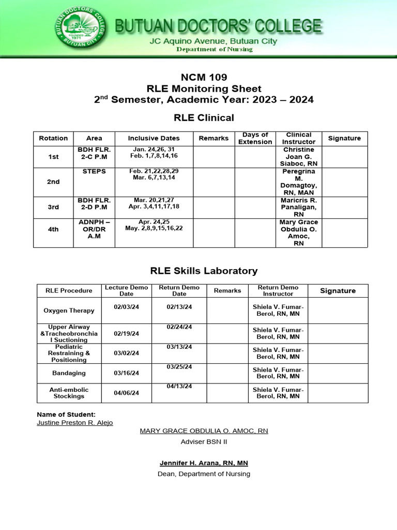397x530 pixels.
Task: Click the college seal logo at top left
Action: (79, 29)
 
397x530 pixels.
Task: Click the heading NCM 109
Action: (203, 78)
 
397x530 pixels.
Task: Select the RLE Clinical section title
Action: (203, 117)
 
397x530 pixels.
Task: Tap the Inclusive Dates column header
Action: (154, 138)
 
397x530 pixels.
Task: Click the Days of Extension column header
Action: (255, 138)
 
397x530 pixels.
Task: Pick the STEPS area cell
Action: (94, 171)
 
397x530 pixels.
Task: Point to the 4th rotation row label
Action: (53, 229)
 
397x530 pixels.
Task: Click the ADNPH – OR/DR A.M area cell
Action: (94, 229)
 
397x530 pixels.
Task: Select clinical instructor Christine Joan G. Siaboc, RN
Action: (298, 156)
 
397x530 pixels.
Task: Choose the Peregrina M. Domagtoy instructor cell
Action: (298, 182)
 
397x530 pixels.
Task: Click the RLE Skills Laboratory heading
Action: (203, 271)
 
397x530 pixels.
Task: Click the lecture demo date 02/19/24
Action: (127, 334)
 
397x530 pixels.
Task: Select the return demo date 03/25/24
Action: (179, 367)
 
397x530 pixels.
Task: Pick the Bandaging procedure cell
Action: (69, 373)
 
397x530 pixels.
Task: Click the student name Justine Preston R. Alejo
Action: (74, 422)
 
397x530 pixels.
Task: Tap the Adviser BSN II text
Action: (203, 441)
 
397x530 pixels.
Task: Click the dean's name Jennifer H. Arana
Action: (203, 463)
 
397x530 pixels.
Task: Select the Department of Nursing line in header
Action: (214, 49)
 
